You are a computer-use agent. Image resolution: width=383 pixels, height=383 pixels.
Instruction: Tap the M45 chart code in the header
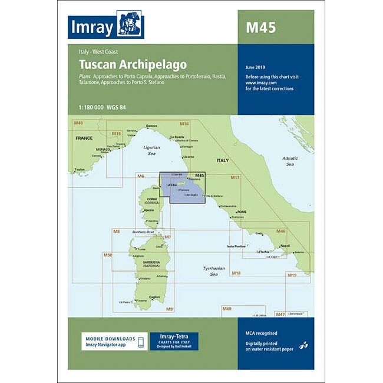click(x=260, y=27)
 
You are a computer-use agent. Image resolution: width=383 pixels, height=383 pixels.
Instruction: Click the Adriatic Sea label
click(x=289, y=161)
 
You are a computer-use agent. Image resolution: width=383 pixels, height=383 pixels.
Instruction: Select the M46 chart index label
click(x=280, y=231)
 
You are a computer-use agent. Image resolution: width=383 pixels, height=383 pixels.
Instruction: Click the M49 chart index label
click(x=227, y=309)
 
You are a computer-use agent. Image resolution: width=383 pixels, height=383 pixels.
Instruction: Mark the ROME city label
click(x=241, y=212)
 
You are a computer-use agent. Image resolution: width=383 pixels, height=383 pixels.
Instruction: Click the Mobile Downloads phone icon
click(x=141, y=343)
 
